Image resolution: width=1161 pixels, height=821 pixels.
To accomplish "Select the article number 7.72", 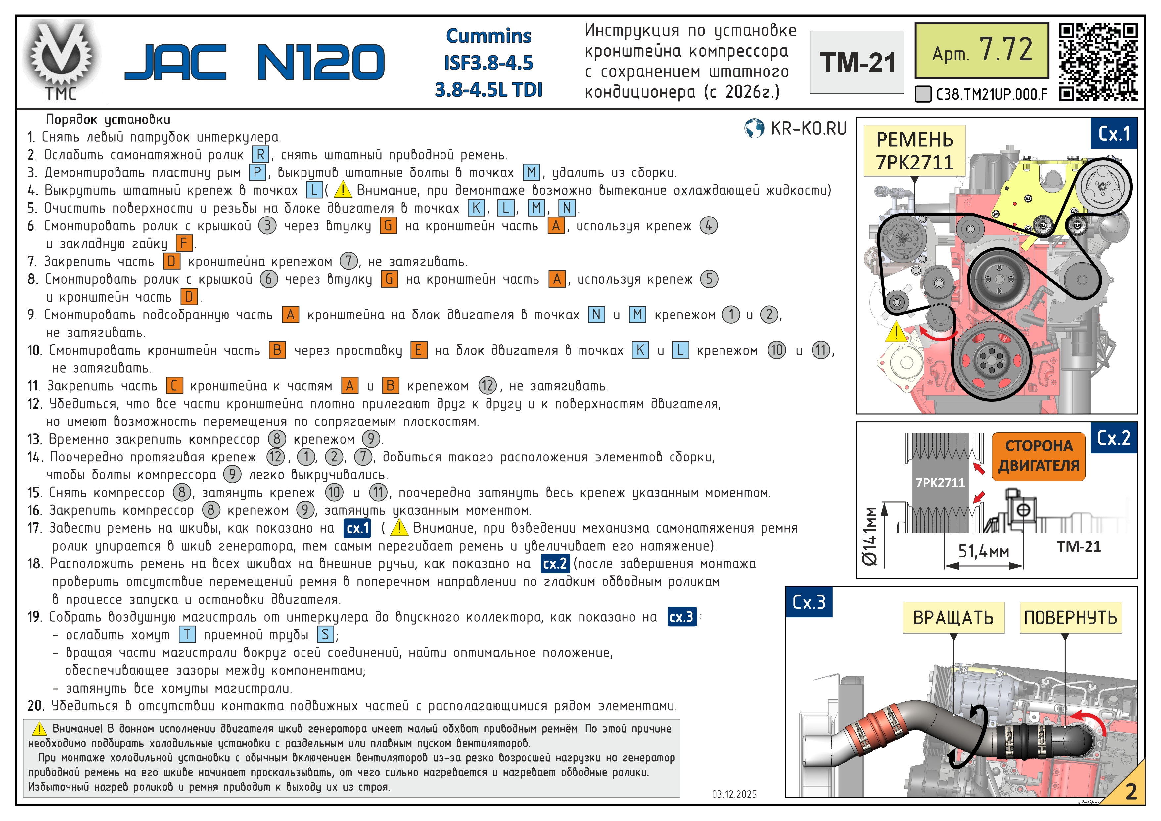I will (x=1005, y=50).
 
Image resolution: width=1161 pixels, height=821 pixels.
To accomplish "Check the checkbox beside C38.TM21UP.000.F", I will (x=923, y=94).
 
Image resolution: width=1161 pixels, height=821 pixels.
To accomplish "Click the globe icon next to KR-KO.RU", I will (x=754, y=128).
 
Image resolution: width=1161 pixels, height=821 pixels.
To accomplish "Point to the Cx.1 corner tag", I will (x=1114, y=133).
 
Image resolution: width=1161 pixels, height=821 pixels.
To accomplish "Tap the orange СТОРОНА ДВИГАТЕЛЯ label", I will (x=1038, y=456).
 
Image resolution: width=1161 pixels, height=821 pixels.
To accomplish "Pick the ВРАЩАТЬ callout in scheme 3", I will (x=953, y=618).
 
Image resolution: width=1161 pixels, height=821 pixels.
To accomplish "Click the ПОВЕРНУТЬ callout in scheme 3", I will (x=1071, y=618).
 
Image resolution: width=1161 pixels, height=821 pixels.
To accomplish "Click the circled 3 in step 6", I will (x=267, y=226).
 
